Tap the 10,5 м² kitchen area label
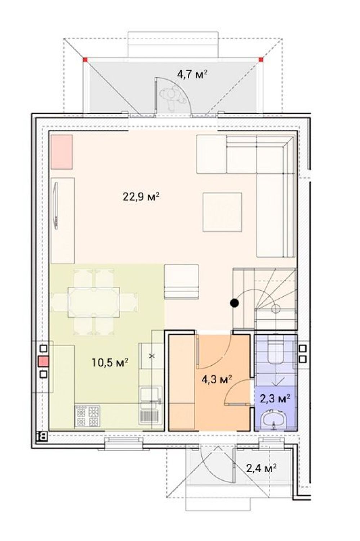tap(110, 362)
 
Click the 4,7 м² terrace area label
tap(192, 74)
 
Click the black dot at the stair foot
tap(234, 303)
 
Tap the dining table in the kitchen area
tap(94, 302)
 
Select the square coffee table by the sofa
tap(222, 212)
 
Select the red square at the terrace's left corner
tap(85, 60)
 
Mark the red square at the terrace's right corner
tap(261, 60)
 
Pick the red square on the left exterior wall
tap(44, 361)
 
